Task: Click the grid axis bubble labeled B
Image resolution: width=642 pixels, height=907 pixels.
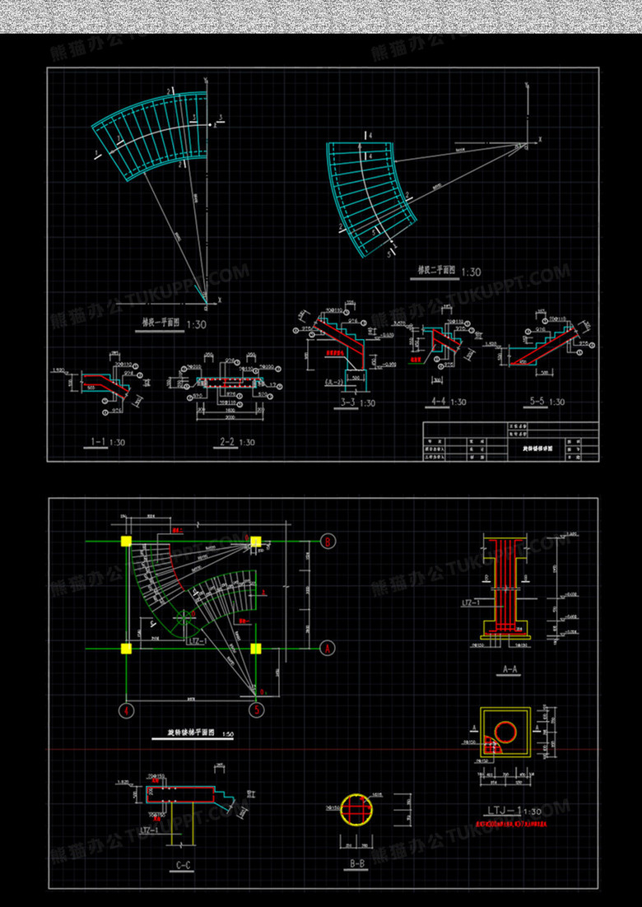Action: tap(328, 542)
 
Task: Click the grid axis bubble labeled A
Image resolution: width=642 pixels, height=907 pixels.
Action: tap(328, 648)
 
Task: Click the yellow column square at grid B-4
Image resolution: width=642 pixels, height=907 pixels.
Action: tap(127, 542)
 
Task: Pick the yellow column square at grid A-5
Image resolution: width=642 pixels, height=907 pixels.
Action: tap(256, 648)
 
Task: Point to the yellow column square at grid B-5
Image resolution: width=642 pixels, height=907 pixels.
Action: tap(256, 542)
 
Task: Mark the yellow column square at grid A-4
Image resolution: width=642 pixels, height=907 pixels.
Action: tap(127, 648)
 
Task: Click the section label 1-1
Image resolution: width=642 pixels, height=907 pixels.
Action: tap(93, 442)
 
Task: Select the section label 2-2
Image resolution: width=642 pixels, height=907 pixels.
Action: tap(229, 442)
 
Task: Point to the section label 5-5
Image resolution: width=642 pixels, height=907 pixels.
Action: tap(537, 402)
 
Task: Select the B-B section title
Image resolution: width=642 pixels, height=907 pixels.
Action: tap(357, 865)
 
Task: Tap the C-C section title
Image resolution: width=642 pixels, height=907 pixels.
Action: tap(184, 865)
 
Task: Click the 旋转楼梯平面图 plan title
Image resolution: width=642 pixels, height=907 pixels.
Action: tap(190, 732)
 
